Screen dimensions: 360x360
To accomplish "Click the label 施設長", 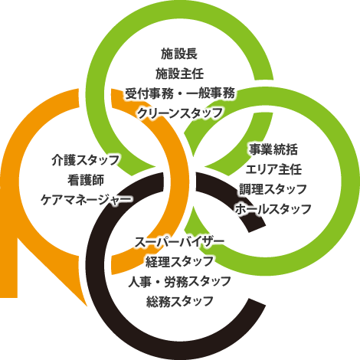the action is tap(179, 54).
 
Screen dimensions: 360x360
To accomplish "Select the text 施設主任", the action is tap(180, 74).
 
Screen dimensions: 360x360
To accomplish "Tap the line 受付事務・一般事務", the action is tap(180, 93).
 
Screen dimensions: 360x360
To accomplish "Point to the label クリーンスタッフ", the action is tap(180, 113).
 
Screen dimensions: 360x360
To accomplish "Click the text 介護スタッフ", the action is tap(86, 160).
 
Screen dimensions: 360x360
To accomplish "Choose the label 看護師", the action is tap(86, 180).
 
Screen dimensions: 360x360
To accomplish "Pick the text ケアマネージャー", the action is tap(87, 199).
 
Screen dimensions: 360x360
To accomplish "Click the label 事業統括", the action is tap(273, 149).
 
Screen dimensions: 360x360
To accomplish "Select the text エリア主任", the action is tap(273, 169).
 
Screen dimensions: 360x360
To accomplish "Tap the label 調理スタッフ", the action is tap(273, 189).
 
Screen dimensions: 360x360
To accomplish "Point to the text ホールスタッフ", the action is tap(273, 209).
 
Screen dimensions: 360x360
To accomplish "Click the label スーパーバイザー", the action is tap(179, 242).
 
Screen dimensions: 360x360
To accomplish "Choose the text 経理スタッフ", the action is tap(179, 261).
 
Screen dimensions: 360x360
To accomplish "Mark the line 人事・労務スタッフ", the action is tap(179, 281).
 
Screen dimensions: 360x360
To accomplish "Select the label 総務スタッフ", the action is tap(180, 301).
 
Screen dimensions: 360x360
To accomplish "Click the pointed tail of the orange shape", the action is tap(87, 305).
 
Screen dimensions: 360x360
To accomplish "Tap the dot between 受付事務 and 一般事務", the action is tap(180, 93).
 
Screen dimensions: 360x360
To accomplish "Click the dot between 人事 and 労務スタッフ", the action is tap(158, 282).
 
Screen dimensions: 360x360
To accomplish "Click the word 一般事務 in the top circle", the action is tap(211, 93).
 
